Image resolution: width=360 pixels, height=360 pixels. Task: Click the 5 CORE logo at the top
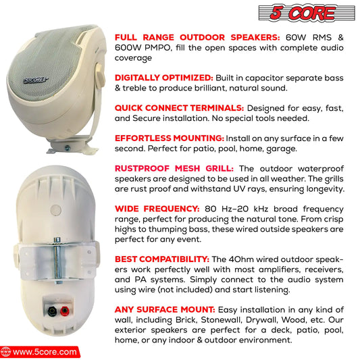(x=307, y=13)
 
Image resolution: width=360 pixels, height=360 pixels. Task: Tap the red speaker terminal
(x=65, y=311)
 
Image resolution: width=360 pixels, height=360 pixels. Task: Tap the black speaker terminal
(x=52, y=311)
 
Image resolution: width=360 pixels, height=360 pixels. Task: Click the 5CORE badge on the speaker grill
(x=36, y=80)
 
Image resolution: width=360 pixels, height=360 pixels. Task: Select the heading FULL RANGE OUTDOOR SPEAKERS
(x=197, y=37)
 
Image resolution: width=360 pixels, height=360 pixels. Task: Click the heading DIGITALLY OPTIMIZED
(x=164, y=78)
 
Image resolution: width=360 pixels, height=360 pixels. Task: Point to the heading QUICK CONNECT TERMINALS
(x=179, y=108)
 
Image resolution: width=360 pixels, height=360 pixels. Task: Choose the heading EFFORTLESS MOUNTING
(x=170, y=138)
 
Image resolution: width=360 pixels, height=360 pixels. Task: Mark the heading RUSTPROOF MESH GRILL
(x=174, y=169)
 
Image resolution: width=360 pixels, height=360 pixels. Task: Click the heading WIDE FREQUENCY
(x=157, y=209)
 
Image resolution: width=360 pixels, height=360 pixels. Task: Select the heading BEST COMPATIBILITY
(x=162, y=259)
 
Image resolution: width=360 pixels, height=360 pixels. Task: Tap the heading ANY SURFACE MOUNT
(x=165, y=309)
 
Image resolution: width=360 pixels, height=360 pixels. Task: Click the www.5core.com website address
(x=45, y=352)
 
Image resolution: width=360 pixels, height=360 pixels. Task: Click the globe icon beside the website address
(x=5, y=352)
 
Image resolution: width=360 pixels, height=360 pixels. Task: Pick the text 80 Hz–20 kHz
(x=236, y=209)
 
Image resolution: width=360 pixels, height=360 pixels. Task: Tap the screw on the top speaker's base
(x=68, y=148)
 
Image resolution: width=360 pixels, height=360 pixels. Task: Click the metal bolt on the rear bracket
(x=57, y=260)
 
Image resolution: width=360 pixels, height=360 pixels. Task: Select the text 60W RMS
(x=309, y=37)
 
